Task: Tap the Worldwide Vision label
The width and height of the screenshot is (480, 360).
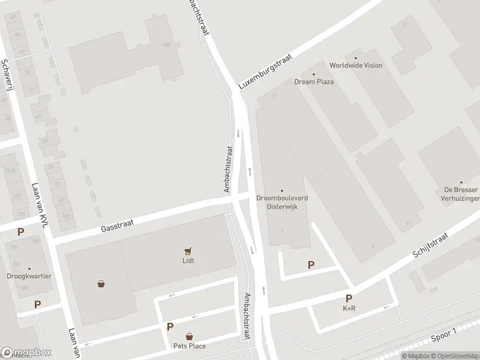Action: [x=355, y=65]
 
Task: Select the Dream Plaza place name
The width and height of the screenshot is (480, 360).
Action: [x=314, y=82]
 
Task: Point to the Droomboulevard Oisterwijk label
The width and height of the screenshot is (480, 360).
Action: [x=281, y=202]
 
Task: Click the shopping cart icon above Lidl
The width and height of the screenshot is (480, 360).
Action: [x=188, y=251]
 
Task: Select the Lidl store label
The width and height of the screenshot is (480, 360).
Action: [x=188, y=260]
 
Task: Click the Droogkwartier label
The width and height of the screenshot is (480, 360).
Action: [x=29, y=277]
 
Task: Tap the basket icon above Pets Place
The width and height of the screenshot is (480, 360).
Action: [x=189, y=337]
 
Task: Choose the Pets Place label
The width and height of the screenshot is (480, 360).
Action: [x=189, y=346]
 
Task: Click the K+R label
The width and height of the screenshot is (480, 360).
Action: [x=349, y=308]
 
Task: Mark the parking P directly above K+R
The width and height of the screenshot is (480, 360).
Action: [x=349, y=299]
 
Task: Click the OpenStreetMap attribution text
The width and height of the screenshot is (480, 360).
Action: [x=452, y=356]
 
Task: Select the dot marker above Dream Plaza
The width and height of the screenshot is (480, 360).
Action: [x=313, y=73]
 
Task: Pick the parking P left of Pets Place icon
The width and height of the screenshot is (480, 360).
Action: [x=170, y=327]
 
